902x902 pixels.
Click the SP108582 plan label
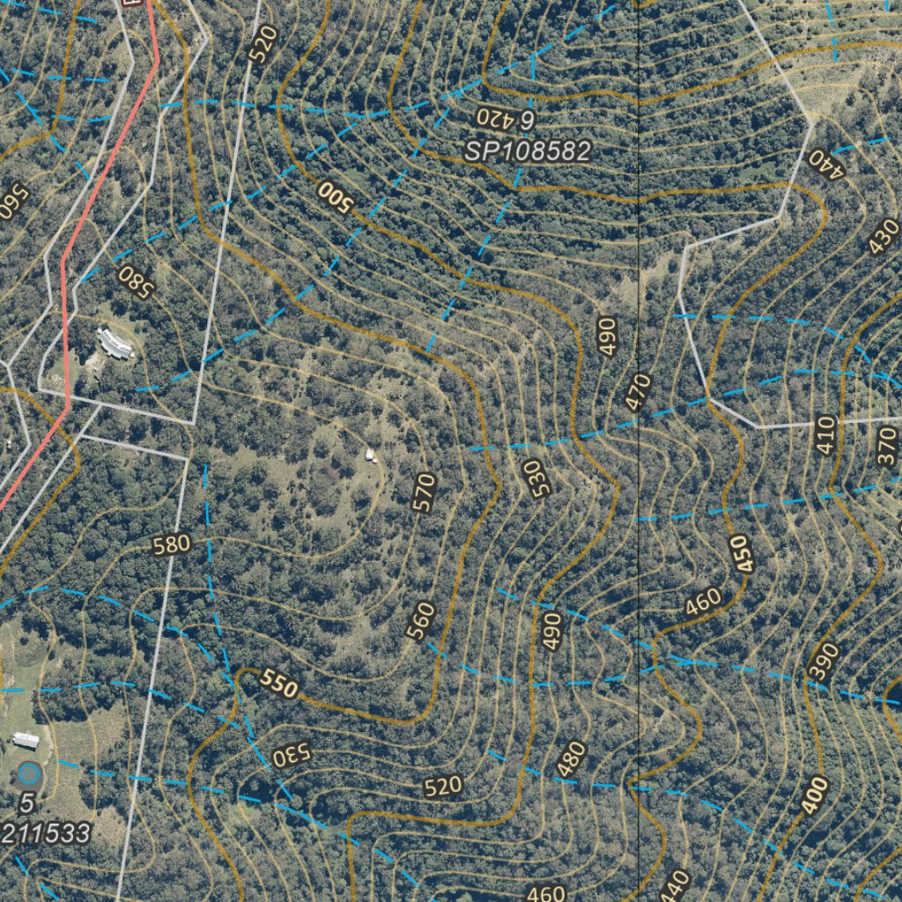coord(527,152)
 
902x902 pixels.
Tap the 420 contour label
coord(493,117)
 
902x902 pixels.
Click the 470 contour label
coord(638,391)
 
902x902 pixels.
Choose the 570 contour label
coord(425,493)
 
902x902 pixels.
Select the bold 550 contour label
coord(279,684)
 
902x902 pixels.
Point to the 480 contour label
coord(572,759)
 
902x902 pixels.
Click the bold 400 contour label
coord(816,796)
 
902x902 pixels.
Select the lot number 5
coord(26,803)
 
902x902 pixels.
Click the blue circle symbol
coord(29,774)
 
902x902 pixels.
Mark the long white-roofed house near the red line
coord(115,343)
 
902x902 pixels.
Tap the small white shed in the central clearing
coord(371,455)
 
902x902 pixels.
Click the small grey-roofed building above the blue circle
coord(26,739)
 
